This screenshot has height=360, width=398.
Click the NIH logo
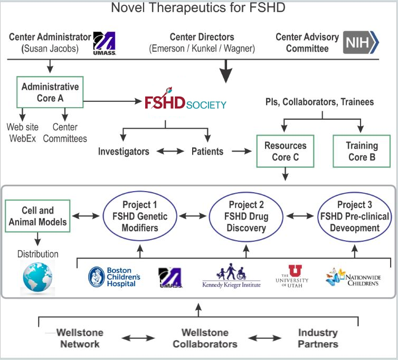point(362,42)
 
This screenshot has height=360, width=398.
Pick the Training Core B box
point(362,151)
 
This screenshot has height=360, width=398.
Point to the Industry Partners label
point(318,338)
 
